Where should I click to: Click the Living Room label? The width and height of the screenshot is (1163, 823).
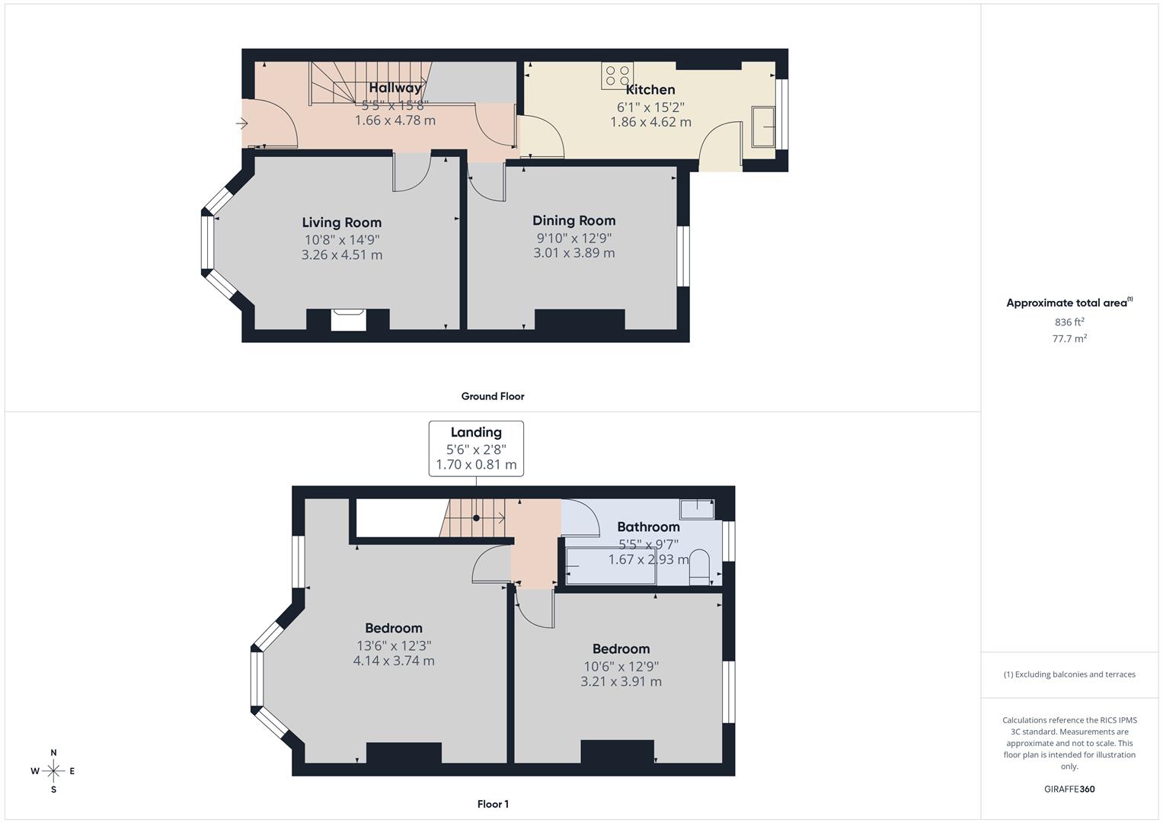pos(341,223)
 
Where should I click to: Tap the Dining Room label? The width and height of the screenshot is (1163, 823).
pos(574,221)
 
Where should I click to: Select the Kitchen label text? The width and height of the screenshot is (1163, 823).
pos(650,90)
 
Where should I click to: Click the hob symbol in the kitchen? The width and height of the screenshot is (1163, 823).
pos(617,75)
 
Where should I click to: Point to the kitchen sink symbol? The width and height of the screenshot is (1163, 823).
pos(763,126)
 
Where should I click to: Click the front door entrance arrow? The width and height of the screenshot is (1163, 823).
pos(242,123)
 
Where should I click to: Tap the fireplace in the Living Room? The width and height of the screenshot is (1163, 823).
pos(348,319)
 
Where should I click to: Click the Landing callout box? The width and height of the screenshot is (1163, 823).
pos(476,448)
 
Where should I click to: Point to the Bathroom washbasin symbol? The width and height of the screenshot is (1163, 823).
pos(696,508)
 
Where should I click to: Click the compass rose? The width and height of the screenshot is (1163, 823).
pos(53,771)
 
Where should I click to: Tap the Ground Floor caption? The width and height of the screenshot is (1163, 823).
pos(493,396)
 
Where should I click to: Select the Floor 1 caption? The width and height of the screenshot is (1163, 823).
pos(493,804)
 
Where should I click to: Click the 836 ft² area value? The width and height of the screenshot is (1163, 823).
pos(1069,322)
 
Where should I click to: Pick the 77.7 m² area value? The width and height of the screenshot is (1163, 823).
pos(1069,339)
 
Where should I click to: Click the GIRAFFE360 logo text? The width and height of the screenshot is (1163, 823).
pos(1069,789)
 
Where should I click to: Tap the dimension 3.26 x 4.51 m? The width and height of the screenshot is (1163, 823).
pos(341,255)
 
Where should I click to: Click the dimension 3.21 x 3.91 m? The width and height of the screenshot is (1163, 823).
pos(621,682)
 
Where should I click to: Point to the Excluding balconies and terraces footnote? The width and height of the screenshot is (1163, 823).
pos(1069,674)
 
